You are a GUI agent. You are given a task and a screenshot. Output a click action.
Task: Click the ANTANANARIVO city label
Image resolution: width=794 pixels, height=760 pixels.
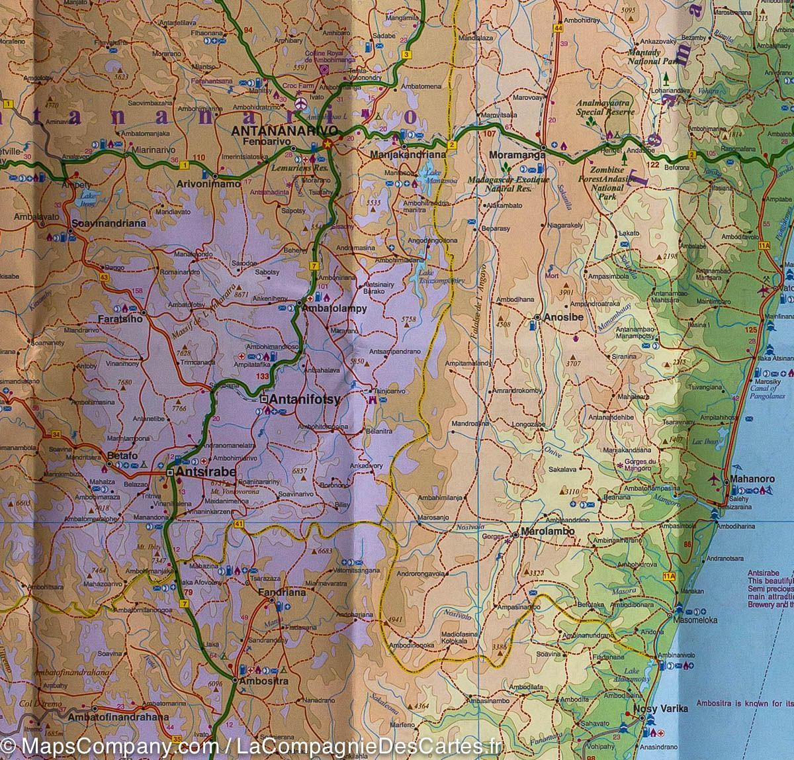point(285,130)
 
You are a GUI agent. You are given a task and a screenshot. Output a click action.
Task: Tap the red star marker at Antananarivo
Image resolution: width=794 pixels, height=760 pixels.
point(326,144)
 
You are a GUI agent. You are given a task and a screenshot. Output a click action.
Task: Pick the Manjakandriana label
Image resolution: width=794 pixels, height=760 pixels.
point(406,154)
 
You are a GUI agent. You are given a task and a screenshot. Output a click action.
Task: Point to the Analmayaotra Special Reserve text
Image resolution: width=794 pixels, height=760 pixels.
point(605,107)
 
